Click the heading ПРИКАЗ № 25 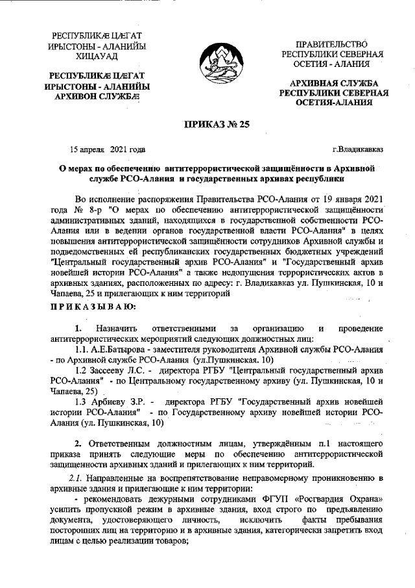click(207, 128)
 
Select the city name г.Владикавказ click(357, 149)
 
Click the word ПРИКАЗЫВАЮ click(93, 306)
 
